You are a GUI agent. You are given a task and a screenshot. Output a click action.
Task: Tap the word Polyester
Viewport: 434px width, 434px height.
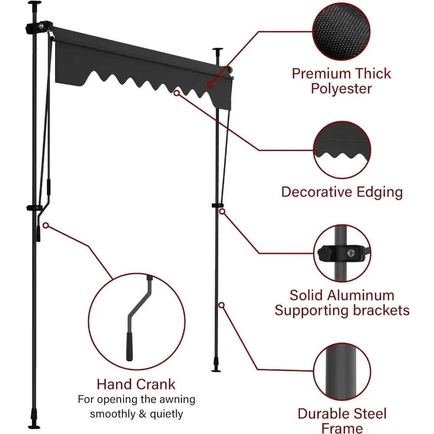pos(342,89)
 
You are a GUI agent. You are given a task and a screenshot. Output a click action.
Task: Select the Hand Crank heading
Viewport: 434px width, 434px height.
pos(136,384)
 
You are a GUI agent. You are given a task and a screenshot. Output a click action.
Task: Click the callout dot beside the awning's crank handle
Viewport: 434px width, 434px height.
pos(46,225)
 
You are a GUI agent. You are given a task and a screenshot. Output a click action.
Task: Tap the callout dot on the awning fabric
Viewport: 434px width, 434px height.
pos(210,84)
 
